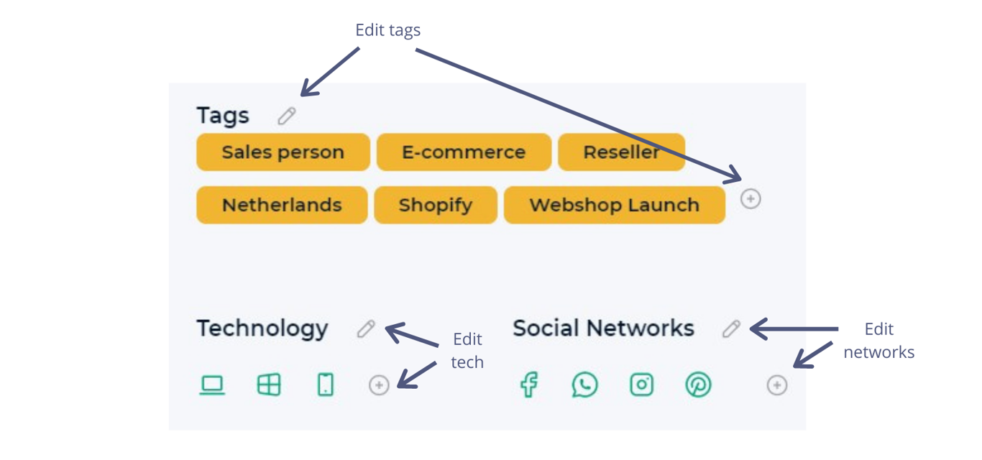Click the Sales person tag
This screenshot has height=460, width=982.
coord(283,152)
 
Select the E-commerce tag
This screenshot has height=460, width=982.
coord(464,152)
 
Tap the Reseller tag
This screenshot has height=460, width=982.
coord(621,152)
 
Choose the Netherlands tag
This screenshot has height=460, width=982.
coord(282,205)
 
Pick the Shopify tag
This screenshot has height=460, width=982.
coord(436,205)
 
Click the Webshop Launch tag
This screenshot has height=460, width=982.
coord(614,205)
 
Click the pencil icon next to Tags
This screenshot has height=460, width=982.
coord(287,116)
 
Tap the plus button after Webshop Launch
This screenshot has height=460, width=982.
coord(751,198)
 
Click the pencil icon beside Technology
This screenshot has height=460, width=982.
coord(366,328)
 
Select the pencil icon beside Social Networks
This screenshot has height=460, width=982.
coord(731,328)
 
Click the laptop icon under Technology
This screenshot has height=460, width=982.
coord(212,385)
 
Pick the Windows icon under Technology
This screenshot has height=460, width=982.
coord(269,385)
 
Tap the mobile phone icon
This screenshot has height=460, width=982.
coord(326,385)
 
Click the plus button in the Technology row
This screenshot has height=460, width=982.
coord(379,385)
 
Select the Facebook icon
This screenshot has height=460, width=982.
coord(529,385)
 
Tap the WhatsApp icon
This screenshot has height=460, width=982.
coord(585,385)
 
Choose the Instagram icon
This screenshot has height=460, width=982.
coord(642,385)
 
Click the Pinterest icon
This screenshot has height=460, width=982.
coord(698,385)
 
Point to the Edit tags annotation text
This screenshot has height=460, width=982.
coord(387,30)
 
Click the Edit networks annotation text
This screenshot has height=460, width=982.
coord(878,341)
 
